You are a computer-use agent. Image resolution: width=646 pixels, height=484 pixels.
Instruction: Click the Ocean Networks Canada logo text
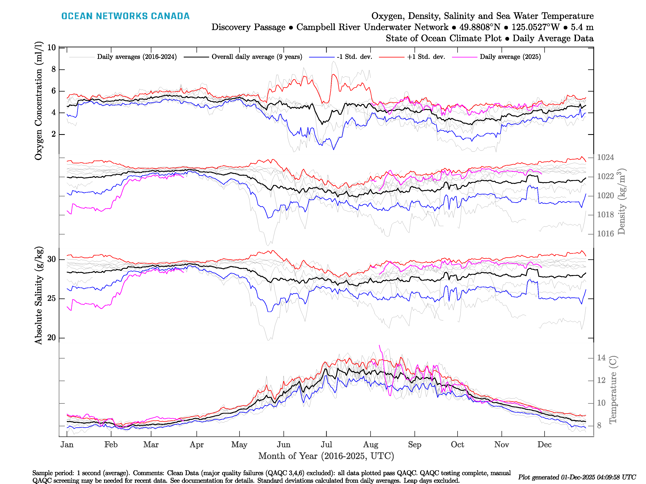[125, 16]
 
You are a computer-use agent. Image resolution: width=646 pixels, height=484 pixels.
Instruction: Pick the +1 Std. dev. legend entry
[426, 57]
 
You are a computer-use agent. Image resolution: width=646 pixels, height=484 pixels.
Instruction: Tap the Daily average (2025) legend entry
[510, 57]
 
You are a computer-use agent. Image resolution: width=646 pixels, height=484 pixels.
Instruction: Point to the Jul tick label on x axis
[326, 445]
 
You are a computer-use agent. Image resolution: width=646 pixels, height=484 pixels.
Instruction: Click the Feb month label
[111, 445]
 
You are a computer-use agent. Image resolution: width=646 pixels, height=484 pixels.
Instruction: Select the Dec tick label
[544, 445]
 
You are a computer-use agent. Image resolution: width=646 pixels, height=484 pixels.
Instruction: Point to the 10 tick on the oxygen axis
[51, 48]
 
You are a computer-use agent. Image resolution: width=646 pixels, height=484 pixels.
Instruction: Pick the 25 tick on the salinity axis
[51, 298]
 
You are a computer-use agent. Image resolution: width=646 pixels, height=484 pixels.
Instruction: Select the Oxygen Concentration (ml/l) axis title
[39, 101]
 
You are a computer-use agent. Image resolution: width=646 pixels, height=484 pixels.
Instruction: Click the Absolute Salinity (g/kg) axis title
[39, 295]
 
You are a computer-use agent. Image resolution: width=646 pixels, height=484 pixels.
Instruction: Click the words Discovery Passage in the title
[248, 27]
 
